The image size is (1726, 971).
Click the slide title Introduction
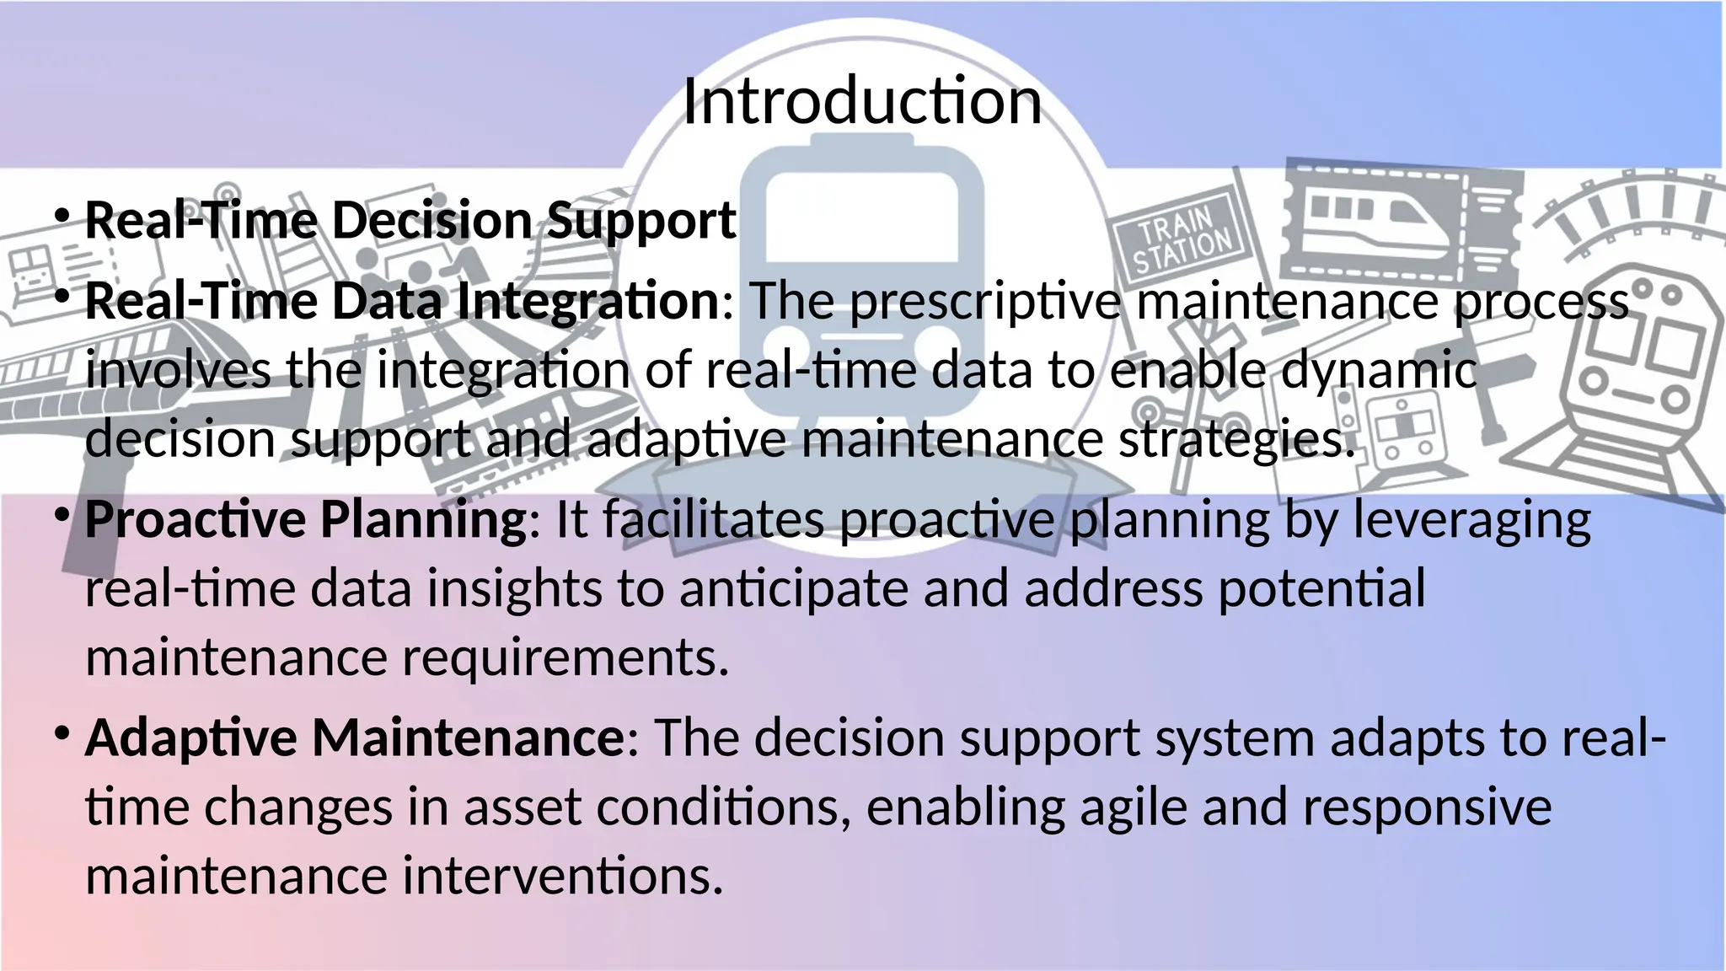pyautogui.click(x=861, y=101)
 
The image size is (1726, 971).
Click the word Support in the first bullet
pyautogui.click(x=641, y=222)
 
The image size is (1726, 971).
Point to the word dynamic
pyautogui.click(x=1379, y=372)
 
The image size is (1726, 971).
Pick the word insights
pyautogui.click(x=514, y=589)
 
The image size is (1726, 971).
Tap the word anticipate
pyautogui.click(x=793, y=589)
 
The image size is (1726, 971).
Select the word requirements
pyautogui.click(x=565, y=658)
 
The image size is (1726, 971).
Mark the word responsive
pyautogui.click(x=1426, y=808)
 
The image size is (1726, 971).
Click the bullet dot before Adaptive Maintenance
pyautogui.click(x=62, y=733)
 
